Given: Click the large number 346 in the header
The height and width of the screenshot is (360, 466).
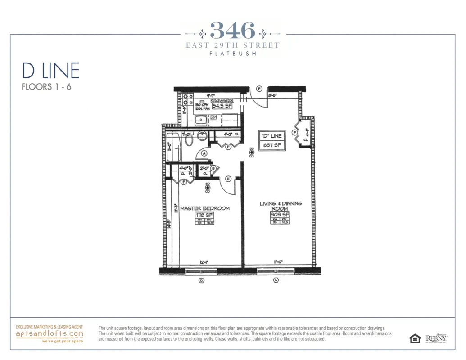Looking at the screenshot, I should [233, 31].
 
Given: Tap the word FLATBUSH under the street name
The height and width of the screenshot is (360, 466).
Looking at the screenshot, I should [233, 54].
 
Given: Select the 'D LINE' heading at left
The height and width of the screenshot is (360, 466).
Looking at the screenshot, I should [50, 71].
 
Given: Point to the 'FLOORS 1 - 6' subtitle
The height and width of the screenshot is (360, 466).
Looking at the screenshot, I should [46, 87].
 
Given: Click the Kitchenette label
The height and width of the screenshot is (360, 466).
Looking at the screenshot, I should [222, 101].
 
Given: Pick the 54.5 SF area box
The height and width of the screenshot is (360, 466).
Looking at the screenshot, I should [222, 107].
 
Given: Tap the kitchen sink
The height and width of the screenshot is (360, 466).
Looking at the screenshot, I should [201, 120].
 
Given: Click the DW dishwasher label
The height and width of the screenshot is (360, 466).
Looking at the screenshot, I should [213, 117].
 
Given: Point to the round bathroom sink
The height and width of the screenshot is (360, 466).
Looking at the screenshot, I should [202, 135].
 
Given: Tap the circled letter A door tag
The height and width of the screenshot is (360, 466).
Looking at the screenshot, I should [204, 153].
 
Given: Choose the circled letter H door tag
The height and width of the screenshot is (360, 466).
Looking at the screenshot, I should [228, 179].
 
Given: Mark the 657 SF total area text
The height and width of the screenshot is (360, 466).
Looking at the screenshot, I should [270, 145].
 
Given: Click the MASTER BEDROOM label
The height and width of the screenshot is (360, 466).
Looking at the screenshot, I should [205, 208].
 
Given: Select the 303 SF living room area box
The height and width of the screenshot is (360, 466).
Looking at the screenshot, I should [280, 215].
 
